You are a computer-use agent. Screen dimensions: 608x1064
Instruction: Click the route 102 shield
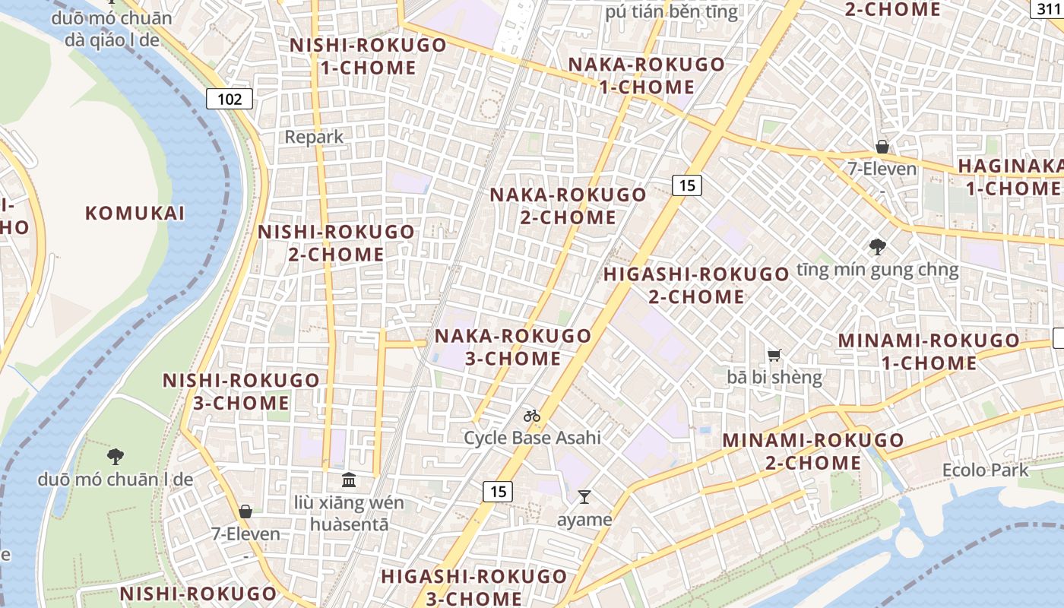point(230,98)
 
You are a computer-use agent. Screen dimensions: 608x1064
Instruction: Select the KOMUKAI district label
point(135,213)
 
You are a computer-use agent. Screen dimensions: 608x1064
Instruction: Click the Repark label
point(314,137)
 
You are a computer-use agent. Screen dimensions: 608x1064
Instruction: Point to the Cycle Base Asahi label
point(532,438)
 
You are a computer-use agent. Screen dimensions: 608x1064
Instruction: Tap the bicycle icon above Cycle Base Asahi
point(532,416)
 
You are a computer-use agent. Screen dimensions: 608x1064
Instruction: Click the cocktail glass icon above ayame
point(584,497)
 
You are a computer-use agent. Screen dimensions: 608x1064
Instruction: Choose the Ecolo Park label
point(985,470)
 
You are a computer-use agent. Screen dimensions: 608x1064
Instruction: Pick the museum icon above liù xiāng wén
point(349,480)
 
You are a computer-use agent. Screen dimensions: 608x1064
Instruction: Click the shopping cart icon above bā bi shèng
point(774,355)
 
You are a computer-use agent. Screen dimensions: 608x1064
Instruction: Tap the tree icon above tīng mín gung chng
point(877,246)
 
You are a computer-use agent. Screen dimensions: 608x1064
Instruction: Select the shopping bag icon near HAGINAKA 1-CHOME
point(882,146)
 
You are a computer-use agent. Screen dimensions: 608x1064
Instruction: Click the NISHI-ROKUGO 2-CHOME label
point(337,243)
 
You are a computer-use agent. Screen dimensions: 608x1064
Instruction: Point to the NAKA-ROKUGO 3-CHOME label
point(513,347)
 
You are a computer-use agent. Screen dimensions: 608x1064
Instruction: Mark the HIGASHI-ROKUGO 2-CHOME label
point(696,285)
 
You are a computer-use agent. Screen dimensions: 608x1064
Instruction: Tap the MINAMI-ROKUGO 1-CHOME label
point(929,352)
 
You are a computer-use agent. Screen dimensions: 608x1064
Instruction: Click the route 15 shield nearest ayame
point(498,492)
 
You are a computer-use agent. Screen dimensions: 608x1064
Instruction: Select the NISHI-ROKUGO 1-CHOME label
point(368,56)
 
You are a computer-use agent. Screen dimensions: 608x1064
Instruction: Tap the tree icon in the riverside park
point(116,456)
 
